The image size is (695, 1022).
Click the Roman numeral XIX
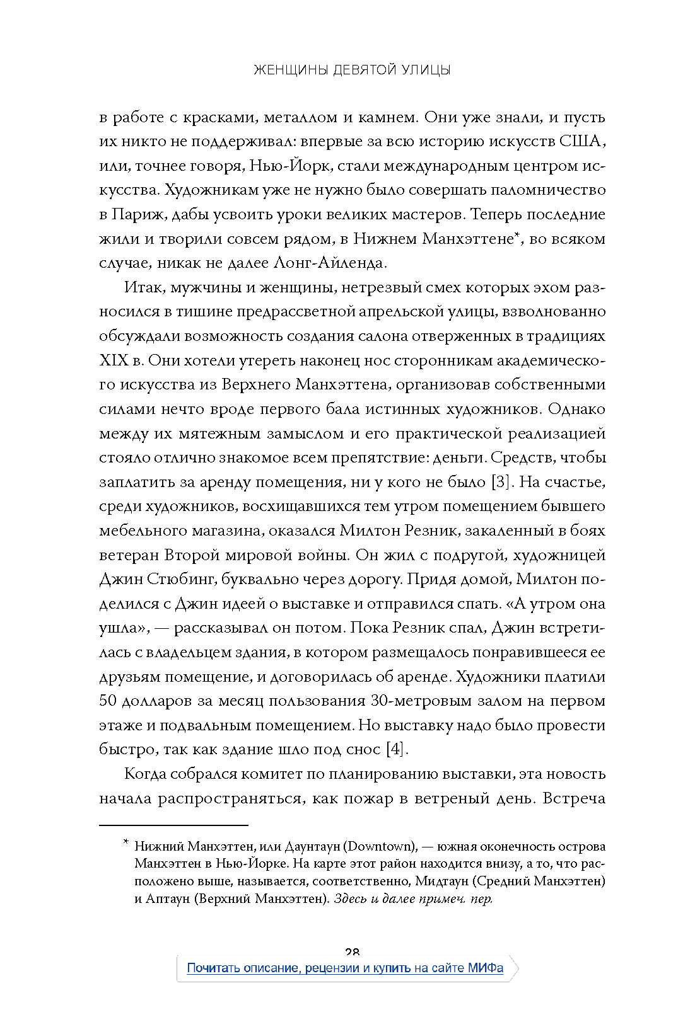pyautogui.click(x=114, y=360)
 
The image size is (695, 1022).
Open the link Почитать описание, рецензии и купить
pyautogui.click(x=299, y=968)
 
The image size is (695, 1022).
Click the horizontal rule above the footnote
pyautogui.click(x=173, y=825)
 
